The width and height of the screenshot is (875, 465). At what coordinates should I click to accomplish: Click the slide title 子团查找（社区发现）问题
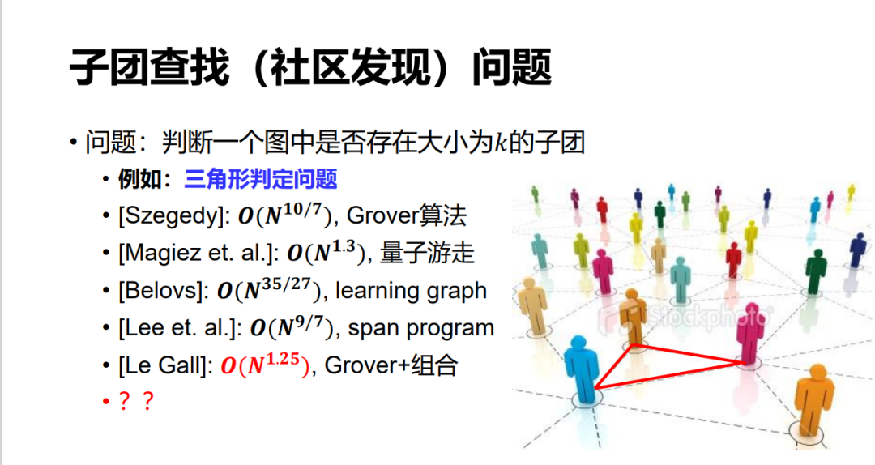(311, 67)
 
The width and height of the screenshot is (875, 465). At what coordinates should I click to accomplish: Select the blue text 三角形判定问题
(261, 179)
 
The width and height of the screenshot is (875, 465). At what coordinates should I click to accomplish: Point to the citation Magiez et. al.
(198, 253)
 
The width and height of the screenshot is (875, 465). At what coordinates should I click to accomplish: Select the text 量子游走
(427, 253)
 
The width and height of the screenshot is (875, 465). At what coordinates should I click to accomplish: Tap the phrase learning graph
(411, 291)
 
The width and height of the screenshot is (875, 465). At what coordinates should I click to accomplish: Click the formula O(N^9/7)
(291, 327)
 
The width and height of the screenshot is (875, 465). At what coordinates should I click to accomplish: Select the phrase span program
(420, 328)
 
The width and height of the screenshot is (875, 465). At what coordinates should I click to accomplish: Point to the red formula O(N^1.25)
(264, 365)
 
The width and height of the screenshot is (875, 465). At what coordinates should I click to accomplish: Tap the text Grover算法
(406, 216)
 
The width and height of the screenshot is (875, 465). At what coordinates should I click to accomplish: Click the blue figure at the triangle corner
(583, 369)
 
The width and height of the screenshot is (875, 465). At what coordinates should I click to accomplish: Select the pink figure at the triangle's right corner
(750, 334)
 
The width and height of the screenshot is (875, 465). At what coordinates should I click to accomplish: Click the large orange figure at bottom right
(814, 400)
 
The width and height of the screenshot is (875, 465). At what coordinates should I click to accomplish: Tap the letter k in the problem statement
(502, 143)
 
